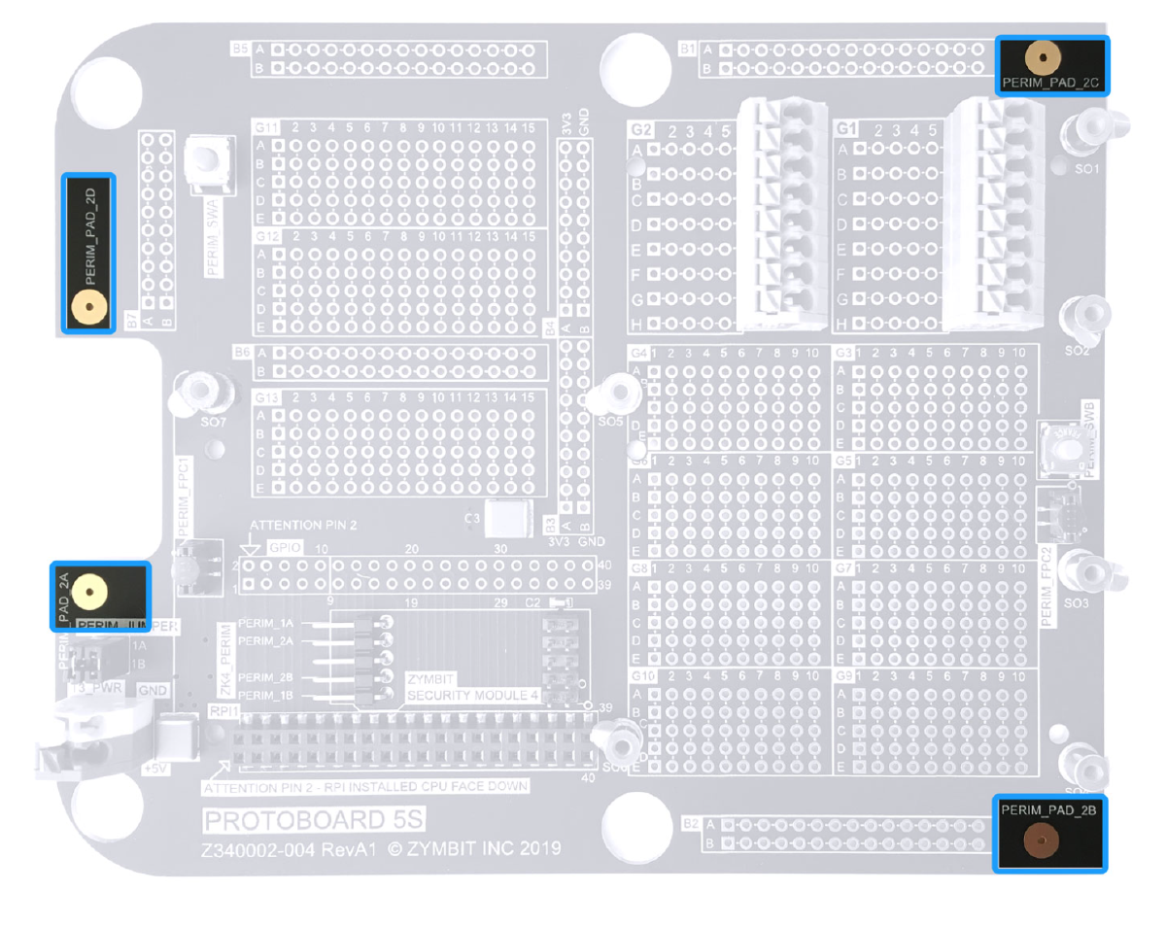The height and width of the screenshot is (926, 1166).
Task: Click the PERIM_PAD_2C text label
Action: click(x=1050, y=85)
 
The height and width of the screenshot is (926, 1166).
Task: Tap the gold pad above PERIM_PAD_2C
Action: click(x=1043, y=58)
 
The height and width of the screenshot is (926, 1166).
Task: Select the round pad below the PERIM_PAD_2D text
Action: click(x=88, y=309)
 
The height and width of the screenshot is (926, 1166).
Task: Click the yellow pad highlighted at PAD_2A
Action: click(x=88, y=590)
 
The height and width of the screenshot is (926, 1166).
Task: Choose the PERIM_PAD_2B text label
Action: click(x=1049, y=808)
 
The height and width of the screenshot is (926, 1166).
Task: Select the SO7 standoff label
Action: click(x=213, y=424)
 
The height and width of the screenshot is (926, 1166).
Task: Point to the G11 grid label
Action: click(x=266, y=127)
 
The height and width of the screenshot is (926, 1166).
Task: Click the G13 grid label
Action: click(x=266, y=398)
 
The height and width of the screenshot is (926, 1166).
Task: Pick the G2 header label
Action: click(x=641, y=129)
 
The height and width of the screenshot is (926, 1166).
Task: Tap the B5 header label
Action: click(x=240, y=48)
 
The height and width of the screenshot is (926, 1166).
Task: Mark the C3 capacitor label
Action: click(x=472, y=519)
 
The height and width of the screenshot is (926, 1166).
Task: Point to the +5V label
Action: click(x=154, y=768)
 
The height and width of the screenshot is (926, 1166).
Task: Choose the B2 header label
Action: click(x=691, y=824)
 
